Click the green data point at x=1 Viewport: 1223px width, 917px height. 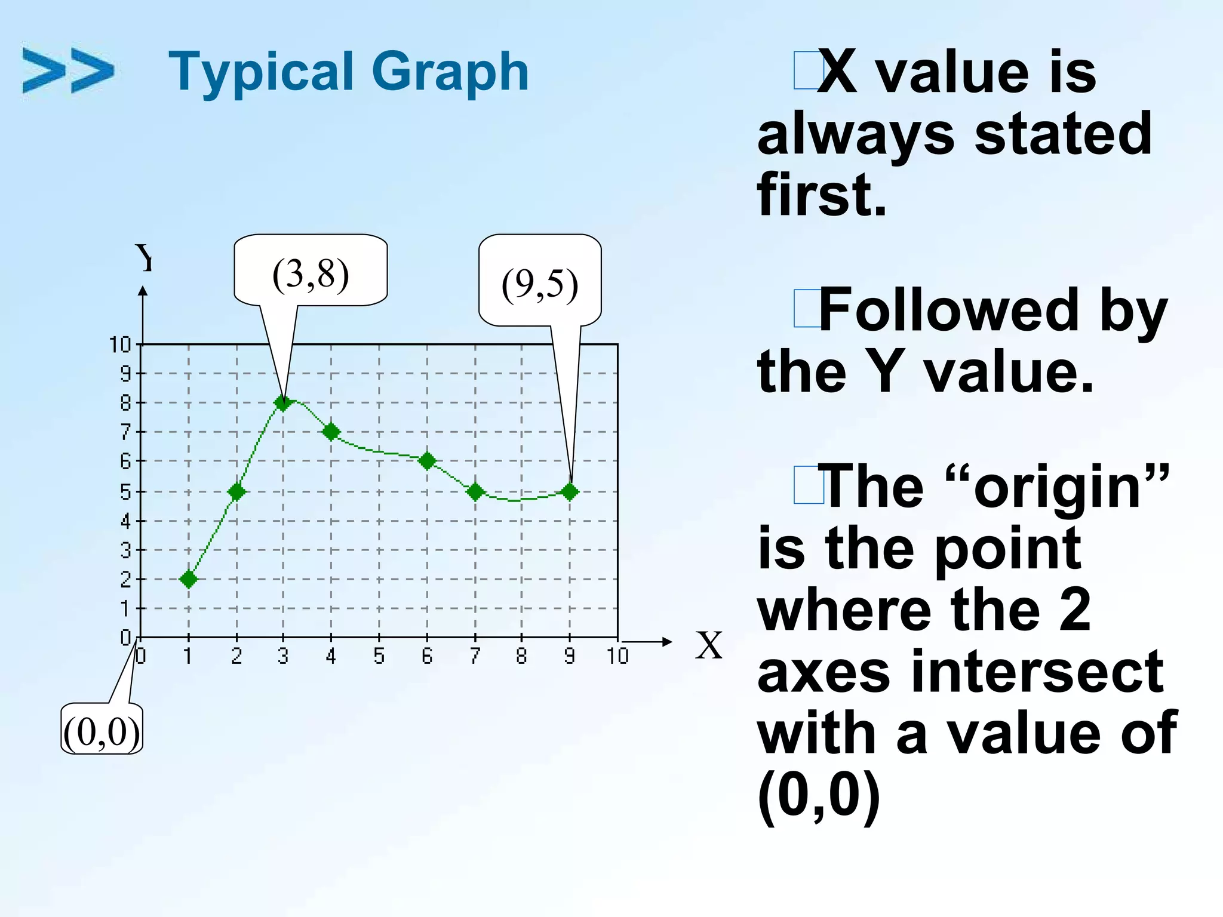pos(189,579)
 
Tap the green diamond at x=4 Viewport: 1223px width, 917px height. pos(331,432)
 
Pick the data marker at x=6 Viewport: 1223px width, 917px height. pos(427,461)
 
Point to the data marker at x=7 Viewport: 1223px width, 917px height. pos(475,492)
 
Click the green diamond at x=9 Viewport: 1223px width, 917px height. pos(570,492)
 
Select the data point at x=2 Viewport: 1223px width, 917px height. pos(237,492)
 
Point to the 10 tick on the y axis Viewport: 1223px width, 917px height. pos(120,344)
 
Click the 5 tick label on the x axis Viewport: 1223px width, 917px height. pos(379,656)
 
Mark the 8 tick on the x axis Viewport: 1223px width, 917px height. pos(522,656)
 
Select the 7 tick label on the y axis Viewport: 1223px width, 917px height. pos(125,432)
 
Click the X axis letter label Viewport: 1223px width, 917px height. pos(709,645)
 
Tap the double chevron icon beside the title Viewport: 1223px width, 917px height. pos(67,71)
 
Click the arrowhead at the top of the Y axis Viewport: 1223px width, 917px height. pos(143,291)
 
